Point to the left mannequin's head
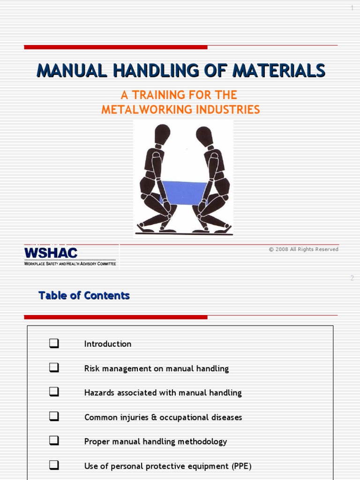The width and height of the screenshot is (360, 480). click(162, 135)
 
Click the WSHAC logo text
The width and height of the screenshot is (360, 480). click(51, 253)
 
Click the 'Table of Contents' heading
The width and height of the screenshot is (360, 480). click(84, 296)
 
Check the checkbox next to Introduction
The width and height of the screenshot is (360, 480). click(54, 344)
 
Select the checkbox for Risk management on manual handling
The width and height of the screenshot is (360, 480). click(54, 368)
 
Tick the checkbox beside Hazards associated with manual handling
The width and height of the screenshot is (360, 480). click(54, 393)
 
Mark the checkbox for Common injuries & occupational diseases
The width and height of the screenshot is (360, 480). click(54, 417)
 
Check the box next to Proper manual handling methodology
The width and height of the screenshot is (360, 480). click(54, 442)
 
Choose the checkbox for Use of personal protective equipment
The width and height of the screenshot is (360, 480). click(54, 466)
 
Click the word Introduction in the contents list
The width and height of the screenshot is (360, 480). click(108, 344)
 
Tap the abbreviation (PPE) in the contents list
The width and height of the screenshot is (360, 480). click(240, 466)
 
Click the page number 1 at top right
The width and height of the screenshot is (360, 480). click(352, 8)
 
